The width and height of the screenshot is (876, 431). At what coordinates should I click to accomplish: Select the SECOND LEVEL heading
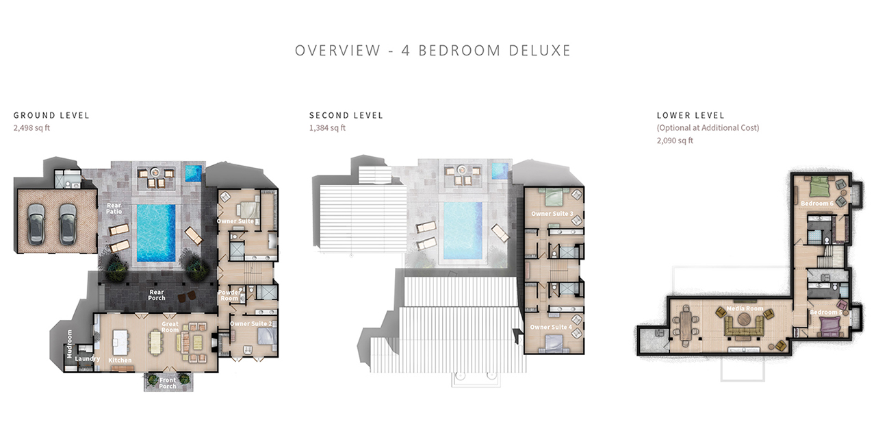(x=346, y=115)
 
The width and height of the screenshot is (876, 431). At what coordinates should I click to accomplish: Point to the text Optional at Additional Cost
(x=708, y=128)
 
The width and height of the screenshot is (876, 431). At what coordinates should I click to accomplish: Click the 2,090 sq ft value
(x=674, y=140)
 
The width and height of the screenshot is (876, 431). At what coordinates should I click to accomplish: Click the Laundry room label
(x=88, y=358)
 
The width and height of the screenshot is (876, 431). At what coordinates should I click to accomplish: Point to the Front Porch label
(x=168, y=383)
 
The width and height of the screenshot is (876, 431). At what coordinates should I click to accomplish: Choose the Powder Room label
(x=229, y=295)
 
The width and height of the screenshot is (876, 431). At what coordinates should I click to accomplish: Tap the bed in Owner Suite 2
(x=262, y=337)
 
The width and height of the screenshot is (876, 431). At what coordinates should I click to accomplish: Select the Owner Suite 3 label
(x=552, y=214)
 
